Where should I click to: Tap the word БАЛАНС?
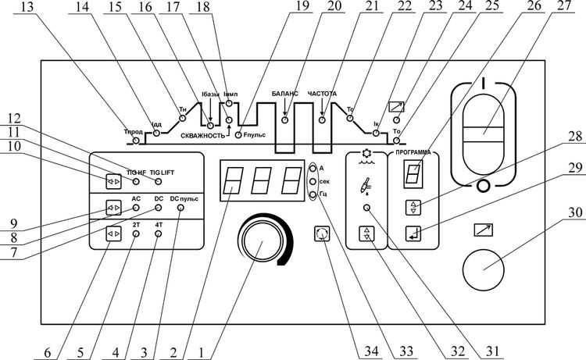point(285,93)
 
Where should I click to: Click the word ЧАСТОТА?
point(321,93)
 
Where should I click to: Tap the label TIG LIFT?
point(163,170)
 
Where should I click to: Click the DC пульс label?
point(184,200)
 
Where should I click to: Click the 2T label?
point(136,224)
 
